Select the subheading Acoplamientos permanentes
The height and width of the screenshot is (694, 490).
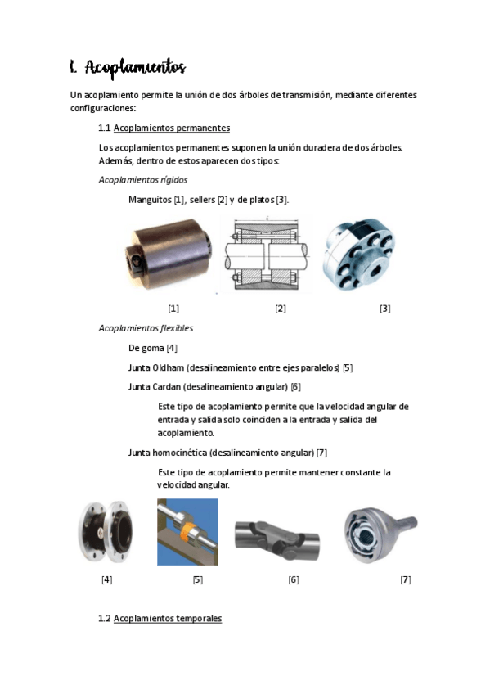pyautogui.click(x=172, y=128)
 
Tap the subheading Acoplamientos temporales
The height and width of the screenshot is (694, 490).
pyautogui.click(x=168, y=619)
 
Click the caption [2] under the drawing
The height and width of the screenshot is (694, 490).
pyautogui.click(x=280, y=309)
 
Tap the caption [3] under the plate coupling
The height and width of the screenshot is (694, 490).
pyautogui.click(x=384, y=309)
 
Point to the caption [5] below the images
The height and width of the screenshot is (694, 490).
pyautogui.click(x=197, y=579)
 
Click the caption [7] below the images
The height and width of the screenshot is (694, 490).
pyautogui.click(x=405, y=579)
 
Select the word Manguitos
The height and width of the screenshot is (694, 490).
pyautogui.click(x=149, y=200)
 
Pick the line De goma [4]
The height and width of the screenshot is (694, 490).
pyautogui.click(x=153, y=348)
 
